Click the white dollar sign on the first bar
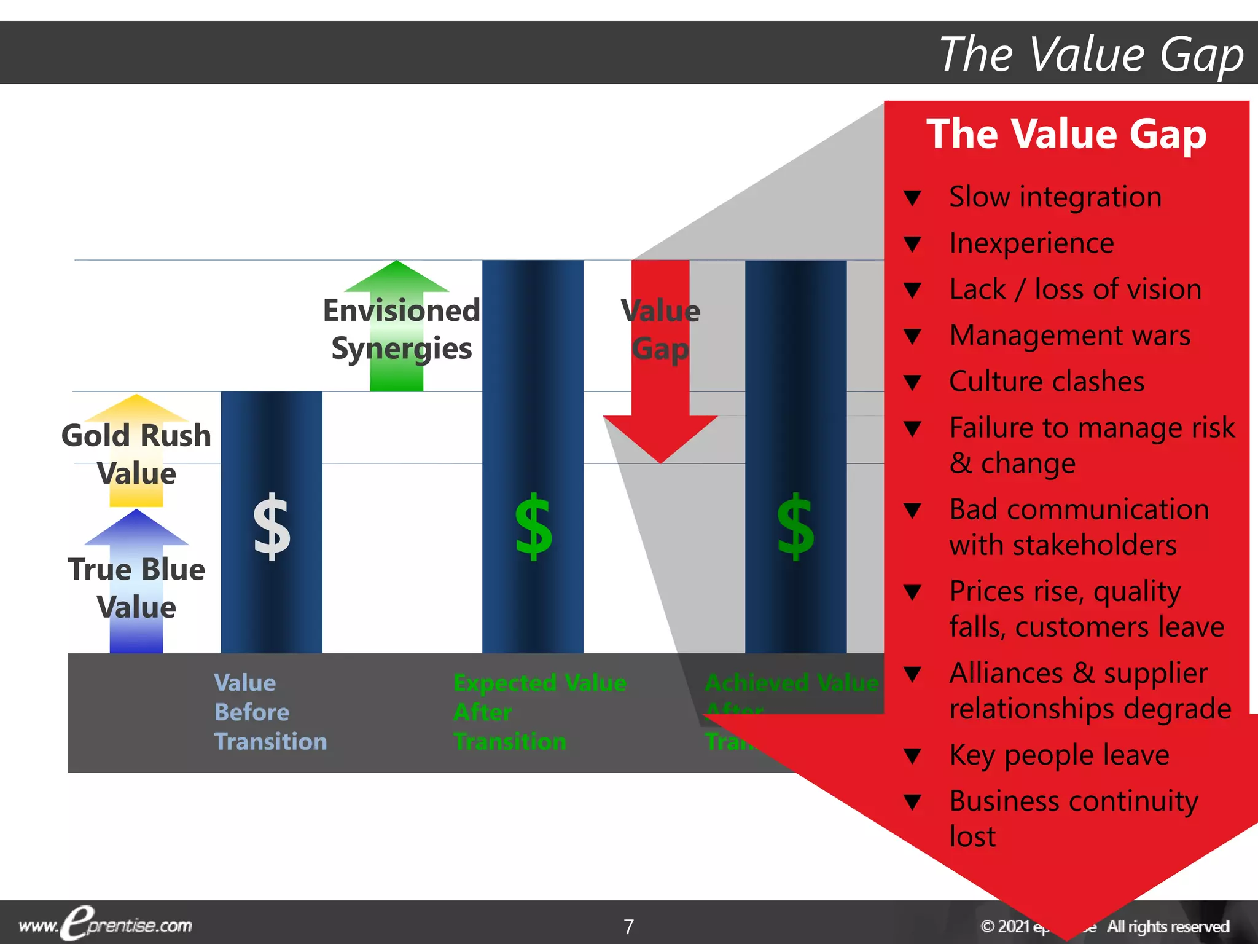[x=272, y=527]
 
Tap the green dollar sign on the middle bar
[x=533, y=527]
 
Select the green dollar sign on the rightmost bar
[x=795, y=527]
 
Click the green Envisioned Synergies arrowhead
[x=397, y=277]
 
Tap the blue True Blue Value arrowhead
[x=136, y=528]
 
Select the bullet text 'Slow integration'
[x=1055, y=197]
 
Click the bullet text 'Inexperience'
[x=1031, y=243]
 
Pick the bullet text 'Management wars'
[x=1069, y=336]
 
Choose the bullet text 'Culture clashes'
[x=1047, y=382]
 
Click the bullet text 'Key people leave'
[x=1059, y=755]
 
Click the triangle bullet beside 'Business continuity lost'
[x=913, y=802]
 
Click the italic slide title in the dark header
[x=1091, y=54]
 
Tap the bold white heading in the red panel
[x=1066, y=134]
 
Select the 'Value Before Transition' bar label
[x=270, y=712]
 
